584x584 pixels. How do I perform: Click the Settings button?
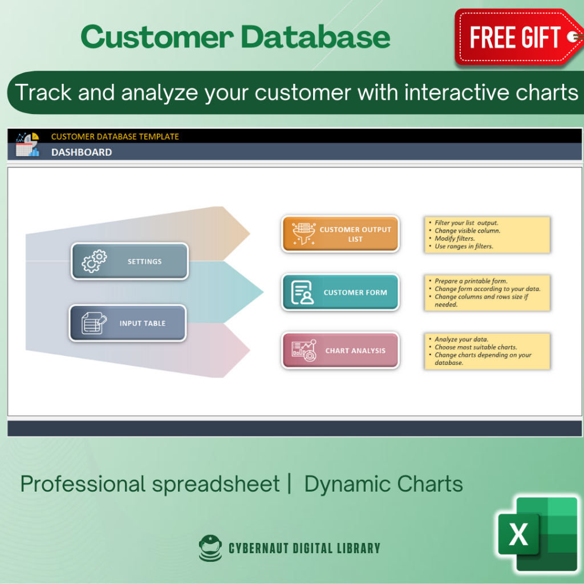[x=129, y=261]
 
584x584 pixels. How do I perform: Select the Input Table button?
[x=128, y=323]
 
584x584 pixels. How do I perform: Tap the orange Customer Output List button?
[x=340, y=234]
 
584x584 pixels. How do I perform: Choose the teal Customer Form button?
[x=340, y=292]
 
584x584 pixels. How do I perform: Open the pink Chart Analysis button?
[x=340, y=351]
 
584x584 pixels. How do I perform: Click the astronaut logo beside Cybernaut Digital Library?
[x=210, y=548]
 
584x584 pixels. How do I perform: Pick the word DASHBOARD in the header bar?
[x=82, y=152]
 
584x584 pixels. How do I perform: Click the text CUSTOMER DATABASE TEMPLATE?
[x=115, y=136]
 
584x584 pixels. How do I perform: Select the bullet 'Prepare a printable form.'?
[x=471, y=281]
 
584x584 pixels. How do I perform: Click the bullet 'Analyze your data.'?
[x=461, y=339]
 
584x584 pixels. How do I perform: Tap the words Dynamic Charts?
[x=383, y=484]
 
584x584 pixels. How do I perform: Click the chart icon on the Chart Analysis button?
[x=303, y=351]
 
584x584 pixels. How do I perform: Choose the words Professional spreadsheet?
[x=150, y=484]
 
